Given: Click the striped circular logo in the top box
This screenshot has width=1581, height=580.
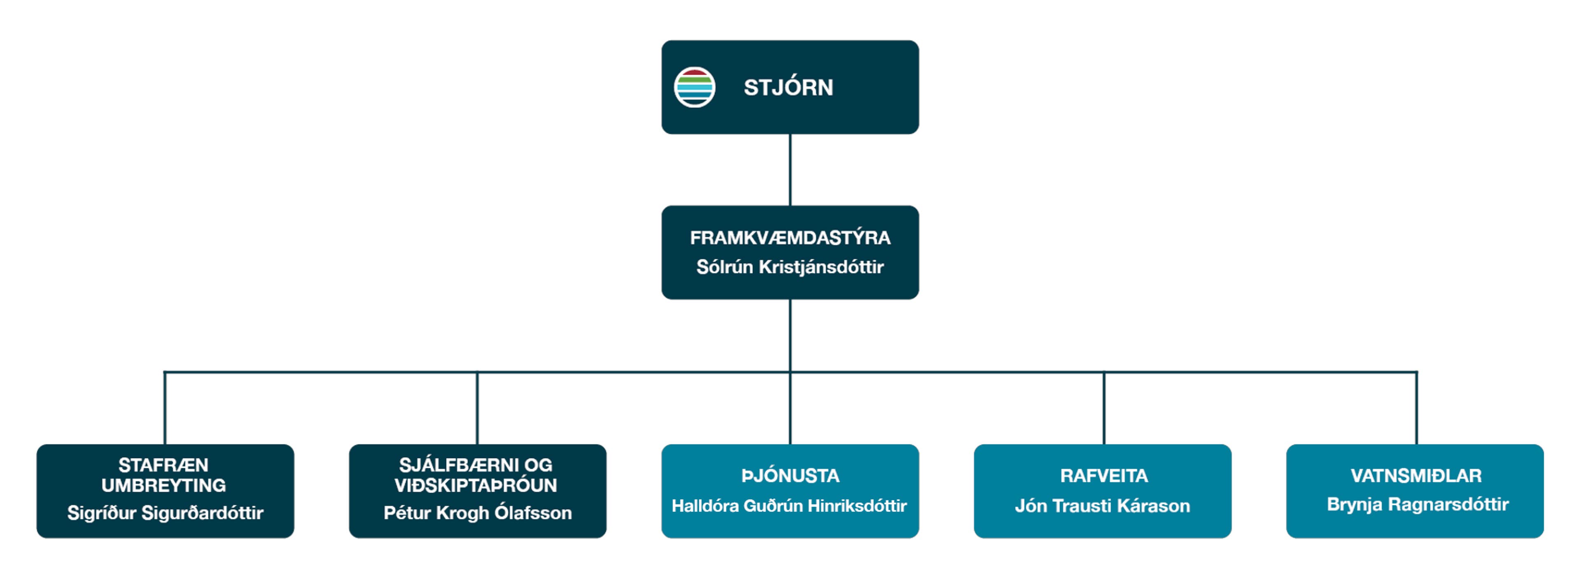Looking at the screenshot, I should (x=694, y=88).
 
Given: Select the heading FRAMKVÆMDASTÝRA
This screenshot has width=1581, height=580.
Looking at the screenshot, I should (x=790, y=238).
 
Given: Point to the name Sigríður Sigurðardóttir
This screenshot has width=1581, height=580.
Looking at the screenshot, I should (x=165, y=513).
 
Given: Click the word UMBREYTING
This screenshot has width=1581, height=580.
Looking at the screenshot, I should (x=163, y=485).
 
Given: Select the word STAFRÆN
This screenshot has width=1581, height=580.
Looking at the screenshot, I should (x=163, y=465).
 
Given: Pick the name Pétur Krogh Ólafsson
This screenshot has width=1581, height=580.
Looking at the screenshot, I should (x=478, y=513).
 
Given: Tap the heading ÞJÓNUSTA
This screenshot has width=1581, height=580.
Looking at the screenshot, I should (x=790, y=476).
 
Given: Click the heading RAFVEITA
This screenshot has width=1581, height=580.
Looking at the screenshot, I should (x=1103, y=476).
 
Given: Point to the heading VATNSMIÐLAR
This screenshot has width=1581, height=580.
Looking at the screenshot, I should (x=1416, y=476).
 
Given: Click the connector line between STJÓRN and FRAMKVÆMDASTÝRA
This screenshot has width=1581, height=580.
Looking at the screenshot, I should (x=790, y=170).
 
